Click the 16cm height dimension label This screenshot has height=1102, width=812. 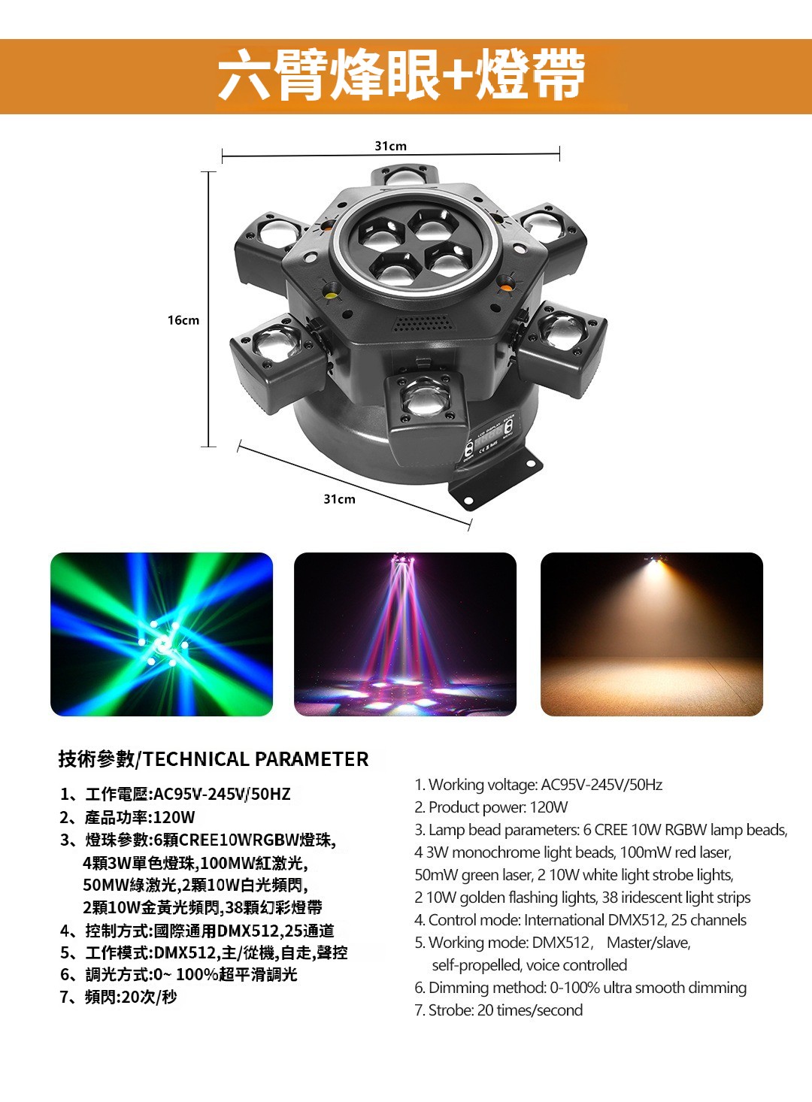(183, 320)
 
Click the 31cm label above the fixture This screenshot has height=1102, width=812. (391, 146)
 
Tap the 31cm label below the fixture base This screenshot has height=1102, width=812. (339, 499)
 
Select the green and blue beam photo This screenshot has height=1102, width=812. (162, 634)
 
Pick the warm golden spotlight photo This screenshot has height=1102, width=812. (652, 634)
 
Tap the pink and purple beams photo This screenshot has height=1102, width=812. (405, 634)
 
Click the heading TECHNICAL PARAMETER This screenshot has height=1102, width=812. (256, 759)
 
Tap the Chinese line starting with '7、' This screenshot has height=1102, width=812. (118, 998)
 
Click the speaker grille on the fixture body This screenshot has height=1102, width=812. (423, 322)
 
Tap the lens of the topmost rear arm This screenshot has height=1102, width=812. (405, 176)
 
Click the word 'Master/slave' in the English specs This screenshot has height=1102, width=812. (649, 942)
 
